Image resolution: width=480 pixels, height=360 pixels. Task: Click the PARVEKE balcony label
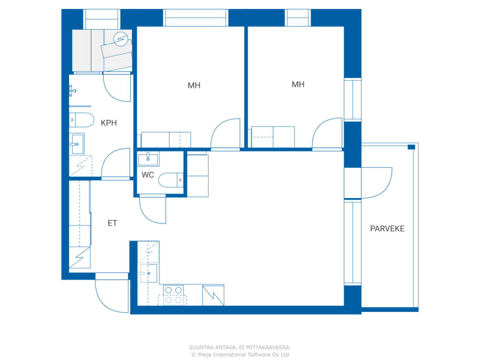(x=387, y=229)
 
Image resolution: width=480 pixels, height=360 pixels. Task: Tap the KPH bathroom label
(x=109, y=123)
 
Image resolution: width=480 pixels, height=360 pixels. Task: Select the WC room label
(x=148, y=175)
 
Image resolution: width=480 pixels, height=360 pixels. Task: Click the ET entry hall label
(x=112, y=223)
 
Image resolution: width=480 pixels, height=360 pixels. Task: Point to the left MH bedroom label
(x=194, y=85)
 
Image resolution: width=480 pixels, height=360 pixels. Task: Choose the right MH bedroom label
(x=298, y=84)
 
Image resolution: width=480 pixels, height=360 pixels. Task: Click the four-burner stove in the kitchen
(x=173, y=295)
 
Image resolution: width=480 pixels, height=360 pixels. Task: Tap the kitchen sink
(x=148, y=273)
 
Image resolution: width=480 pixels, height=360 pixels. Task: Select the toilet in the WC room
(x=171, y=180)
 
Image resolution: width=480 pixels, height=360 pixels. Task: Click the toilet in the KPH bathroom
(x=82, y=120)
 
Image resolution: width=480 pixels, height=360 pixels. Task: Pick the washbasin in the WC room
(x=148, y=159)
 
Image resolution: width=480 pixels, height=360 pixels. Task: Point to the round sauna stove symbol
(x=121, y=39)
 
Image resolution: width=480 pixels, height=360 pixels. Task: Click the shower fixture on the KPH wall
(x=72, y=91)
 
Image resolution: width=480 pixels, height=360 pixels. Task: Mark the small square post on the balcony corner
(x=411, y=147)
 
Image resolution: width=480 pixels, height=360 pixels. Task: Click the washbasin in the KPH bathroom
(x=76, y=144)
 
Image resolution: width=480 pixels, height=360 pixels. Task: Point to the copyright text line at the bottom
(x=240, y=355)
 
